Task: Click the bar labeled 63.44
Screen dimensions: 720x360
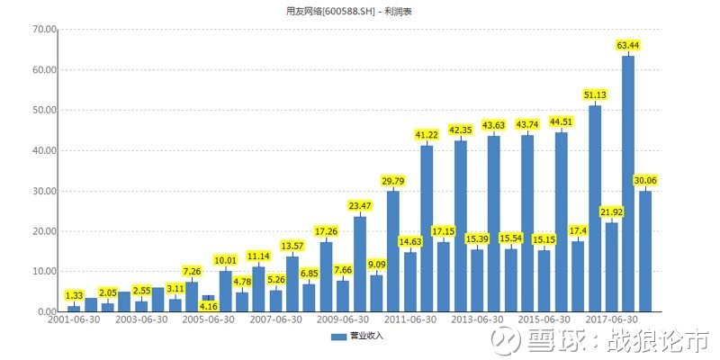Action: tap(628, 184)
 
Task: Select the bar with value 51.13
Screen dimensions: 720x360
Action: tap(595, 209)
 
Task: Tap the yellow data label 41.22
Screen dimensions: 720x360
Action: tap(427, 134)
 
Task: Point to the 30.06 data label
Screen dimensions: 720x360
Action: tap(645, 181)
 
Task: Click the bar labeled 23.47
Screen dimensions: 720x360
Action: tap(360, 264)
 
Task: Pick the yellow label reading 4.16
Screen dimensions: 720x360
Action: tap(209, 304)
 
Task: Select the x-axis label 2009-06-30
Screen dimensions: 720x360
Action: tap(343, 319)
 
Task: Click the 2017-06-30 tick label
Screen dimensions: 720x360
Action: tap(612, 319)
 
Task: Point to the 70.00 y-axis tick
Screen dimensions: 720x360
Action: tap(44, 30)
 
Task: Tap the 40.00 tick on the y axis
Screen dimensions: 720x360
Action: tap(44, 150)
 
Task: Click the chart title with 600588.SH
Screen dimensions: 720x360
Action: tap(348, 12)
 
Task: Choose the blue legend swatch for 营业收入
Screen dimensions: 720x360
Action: tap(338, 337)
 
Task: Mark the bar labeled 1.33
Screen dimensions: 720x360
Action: tap(74, 309)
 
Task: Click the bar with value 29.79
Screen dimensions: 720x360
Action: tap(393, 252)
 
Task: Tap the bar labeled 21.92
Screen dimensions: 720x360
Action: tap(612, 267)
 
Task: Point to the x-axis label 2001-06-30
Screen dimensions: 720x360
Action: tap(74, 319)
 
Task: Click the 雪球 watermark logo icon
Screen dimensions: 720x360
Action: tap(506, 341)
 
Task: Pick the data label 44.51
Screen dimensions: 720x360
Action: tap(561, 122)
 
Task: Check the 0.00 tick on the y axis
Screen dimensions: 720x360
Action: tap(47, 311)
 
